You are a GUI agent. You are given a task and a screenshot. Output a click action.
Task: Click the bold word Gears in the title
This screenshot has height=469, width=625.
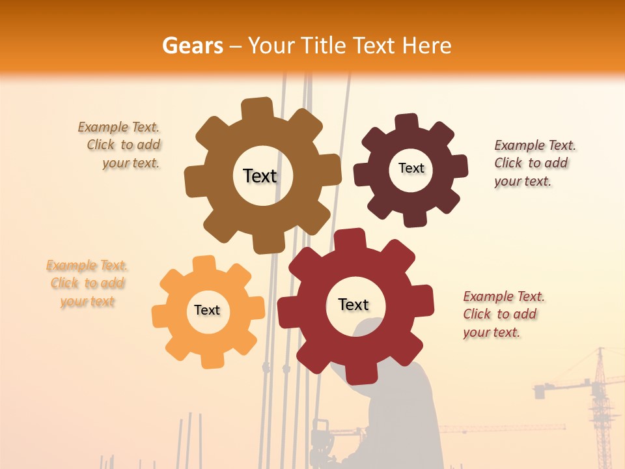pos(192,46)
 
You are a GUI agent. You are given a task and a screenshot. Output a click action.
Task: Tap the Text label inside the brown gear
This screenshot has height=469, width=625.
pos(260,176)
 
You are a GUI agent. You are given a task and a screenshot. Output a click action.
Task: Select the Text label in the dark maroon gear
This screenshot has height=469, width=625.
pos(411,168)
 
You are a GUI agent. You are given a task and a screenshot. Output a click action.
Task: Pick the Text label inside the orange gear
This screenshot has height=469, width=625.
pos(207,310)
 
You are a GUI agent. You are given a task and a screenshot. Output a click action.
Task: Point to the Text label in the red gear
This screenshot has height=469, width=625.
pos(354,304)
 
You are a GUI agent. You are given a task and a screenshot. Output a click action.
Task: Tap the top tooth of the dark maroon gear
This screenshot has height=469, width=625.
pos(407,122)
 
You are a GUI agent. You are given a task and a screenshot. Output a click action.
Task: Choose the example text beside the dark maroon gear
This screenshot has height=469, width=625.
pos(533,163)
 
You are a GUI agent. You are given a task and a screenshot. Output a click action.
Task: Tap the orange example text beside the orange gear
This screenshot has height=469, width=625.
pos(87,283)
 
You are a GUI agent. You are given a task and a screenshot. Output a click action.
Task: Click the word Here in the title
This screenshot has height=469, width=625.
pos(426,46)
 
